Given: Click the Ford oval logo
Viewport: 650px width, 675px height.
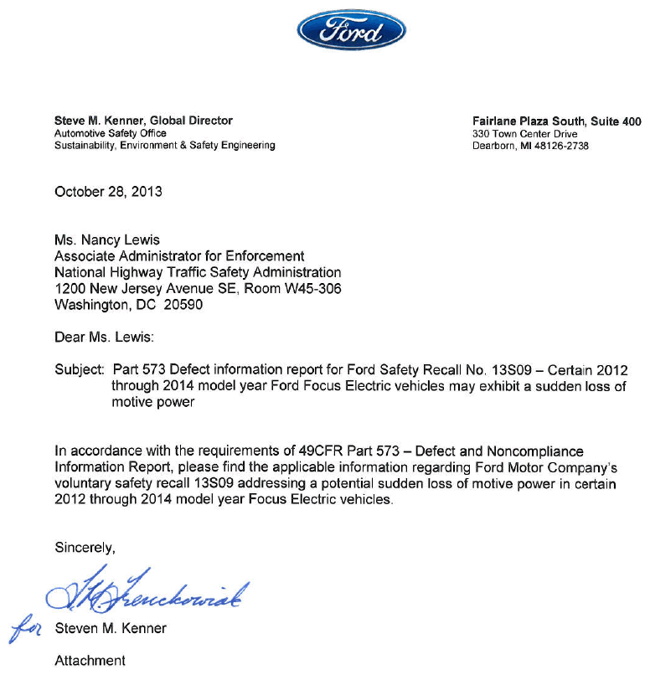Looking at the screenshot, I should click(352, 32).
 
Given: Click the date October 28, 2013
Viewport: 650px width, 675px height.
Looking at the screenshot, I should click(108, 192).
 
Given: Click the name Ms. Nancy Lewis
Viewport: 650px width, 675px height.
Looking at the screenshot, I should click(106, 240).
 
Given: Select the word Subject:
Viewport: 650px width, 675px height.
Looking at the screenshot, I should click(80, 370).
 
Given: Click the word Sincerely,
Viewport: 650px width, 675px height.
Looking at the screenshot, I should click(85, 549).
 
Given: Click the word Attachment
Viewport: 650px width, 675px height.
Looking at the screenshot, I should click(90, 661).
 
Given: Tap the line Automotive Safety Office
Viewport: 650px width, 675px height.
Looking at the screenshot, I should click(110, 133).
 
